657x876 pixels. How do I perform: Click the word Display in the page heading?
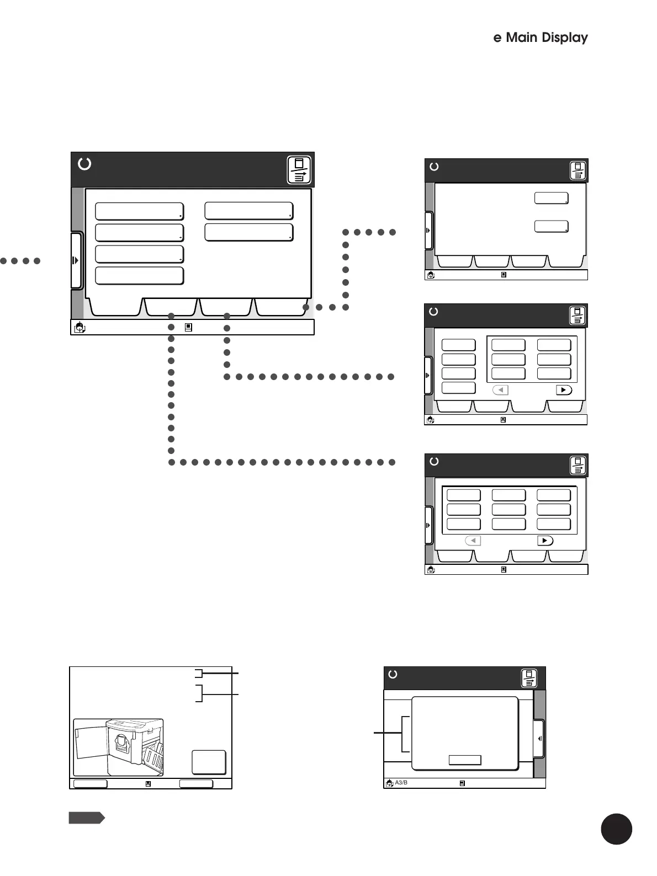[564, 38]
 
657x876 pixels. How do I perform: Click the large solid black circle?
[616, 829]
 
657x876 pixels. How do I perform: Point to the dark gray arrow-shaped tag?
[86, 818]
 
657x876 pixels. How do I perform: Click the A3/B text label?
[401, 782]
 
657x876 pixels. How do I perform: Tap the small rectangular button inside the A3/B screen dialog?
[465, 760]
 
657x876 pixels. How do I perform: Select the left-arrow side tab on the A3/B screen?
[539, 739]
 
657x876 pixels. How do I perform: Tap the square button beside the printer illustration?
[209, 762]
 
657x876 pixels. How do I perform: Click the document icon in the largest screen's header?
[299, 170]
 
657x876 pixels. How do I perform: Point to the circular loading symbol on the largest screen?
[84, 164]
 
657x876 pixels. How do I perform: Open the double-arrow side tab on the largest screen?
[76, 260]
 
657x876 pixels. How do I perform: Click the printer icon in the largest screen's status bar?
[80, 328]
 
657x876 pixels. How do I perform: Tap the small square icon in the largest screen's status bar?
[188, 327]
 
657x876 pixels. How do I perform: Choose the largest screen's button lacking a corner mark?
[139, 275]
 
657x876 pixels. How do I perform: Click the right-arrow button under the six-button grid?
[563, 390]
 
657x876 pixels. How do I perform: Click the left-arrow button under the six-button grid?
[500, 390]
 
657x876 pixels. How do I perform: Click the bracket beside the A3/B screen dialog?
[405, 734]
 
